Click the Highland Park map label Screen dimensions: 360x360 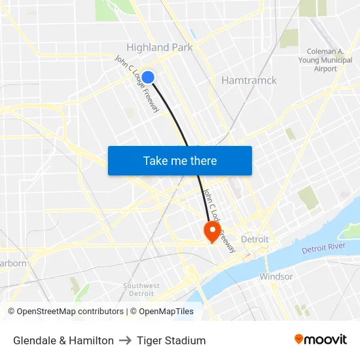click(159, 47)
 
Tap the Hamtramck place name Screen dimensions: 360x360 click(249, 81)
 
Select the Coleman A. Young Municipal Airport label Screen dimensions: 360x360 click(325, 60)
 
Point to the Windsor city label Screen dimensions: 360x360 click(276, 276)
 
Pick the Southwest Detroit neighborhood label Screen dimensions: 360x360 click(141, 289)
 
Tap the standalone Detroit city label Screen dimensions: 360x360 click(255, 239)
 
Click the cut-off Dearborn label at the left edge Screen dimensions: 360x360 click(14, 263)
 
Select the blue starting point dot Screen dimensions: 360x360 click(148, 77)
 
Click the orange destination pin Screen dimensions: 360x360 click(212, 230)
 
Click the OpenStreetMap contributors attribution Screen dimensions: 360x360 click(65, 312)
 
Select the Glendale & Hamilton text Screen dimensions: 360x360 click(63, 340)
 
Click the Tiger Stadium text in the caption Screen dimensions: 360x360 click(171, 340)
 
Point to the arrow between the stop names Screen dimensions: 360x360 click(125, 340)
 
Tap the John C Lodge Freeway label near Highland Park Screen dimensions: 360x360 click(137, 83)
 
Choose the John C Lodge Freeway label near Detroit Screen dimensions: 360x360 click(219, 221)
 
